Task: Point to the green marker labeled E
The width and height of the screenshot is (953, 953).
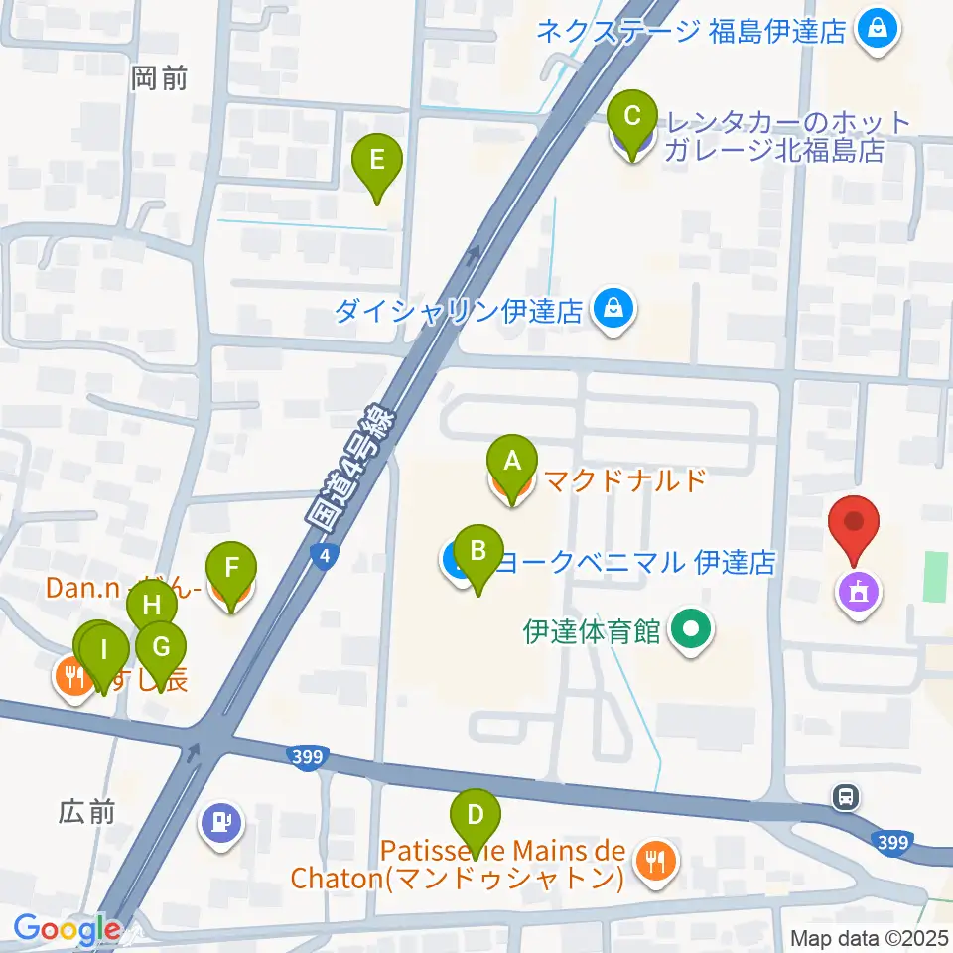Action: tap(377, 160)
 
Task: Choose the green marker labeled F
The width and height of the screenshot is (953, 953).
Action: tap(231, 570)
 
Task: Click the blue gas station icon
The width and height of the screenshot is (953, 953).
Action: tap(220, 823)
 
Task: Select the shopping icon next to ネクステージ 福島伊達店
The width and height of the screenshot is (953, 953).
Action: tap(878, 29)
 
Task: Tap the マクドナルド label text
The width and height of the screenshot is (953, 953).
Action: tap(623, 481)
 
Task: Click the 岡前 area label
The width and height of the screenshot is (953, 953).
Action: tap(159, 78)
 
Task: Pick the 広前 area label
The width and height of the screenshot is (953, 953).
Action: tap(86, 812)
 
